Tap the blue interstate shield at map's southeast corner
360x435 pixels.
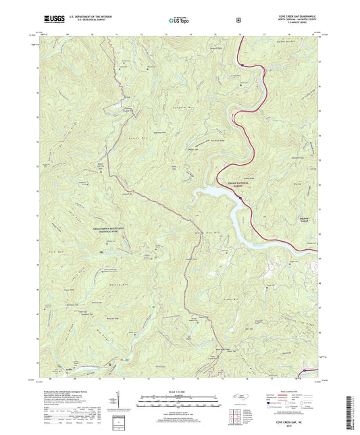coord(306,370)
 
